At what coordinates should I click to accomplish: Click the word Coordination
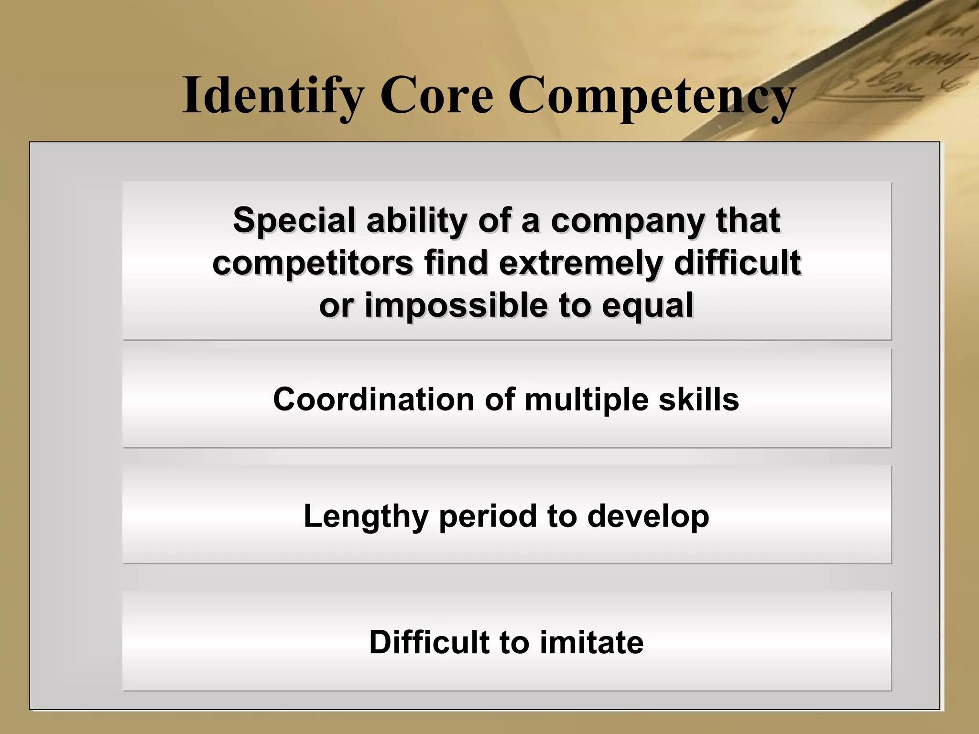pos(373,399)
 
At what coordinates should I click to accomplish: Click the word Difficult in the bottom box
pos(429,642)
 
